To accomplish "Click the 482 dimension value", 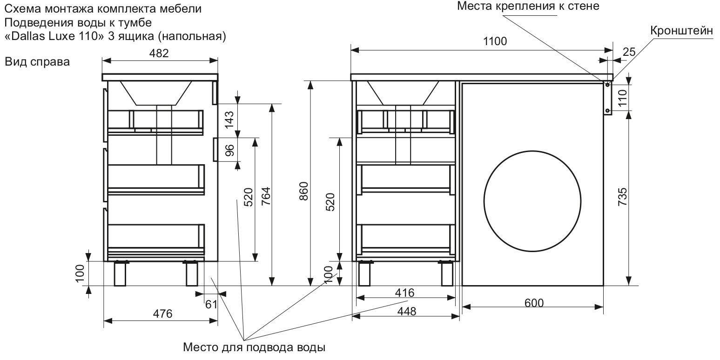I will [x=159, y=53].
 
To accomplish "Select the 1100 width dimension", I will [x=495, y=41].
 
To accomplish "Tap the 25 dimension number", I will [x=629, y=52].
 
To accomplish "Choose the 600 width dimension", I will [x=534, y=303].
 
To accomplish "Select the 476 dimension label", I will [x=163, y=313].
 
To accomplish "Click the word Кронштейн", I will [x=682, y=31].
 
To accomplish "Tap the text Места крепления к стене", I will [x=528, y=7].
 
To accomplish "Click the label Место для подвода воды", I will [x=254, y=347].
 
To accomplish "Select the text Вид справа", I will [x=37, y=62].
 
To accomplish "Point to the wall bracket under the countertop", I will [x=607, y=98].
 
